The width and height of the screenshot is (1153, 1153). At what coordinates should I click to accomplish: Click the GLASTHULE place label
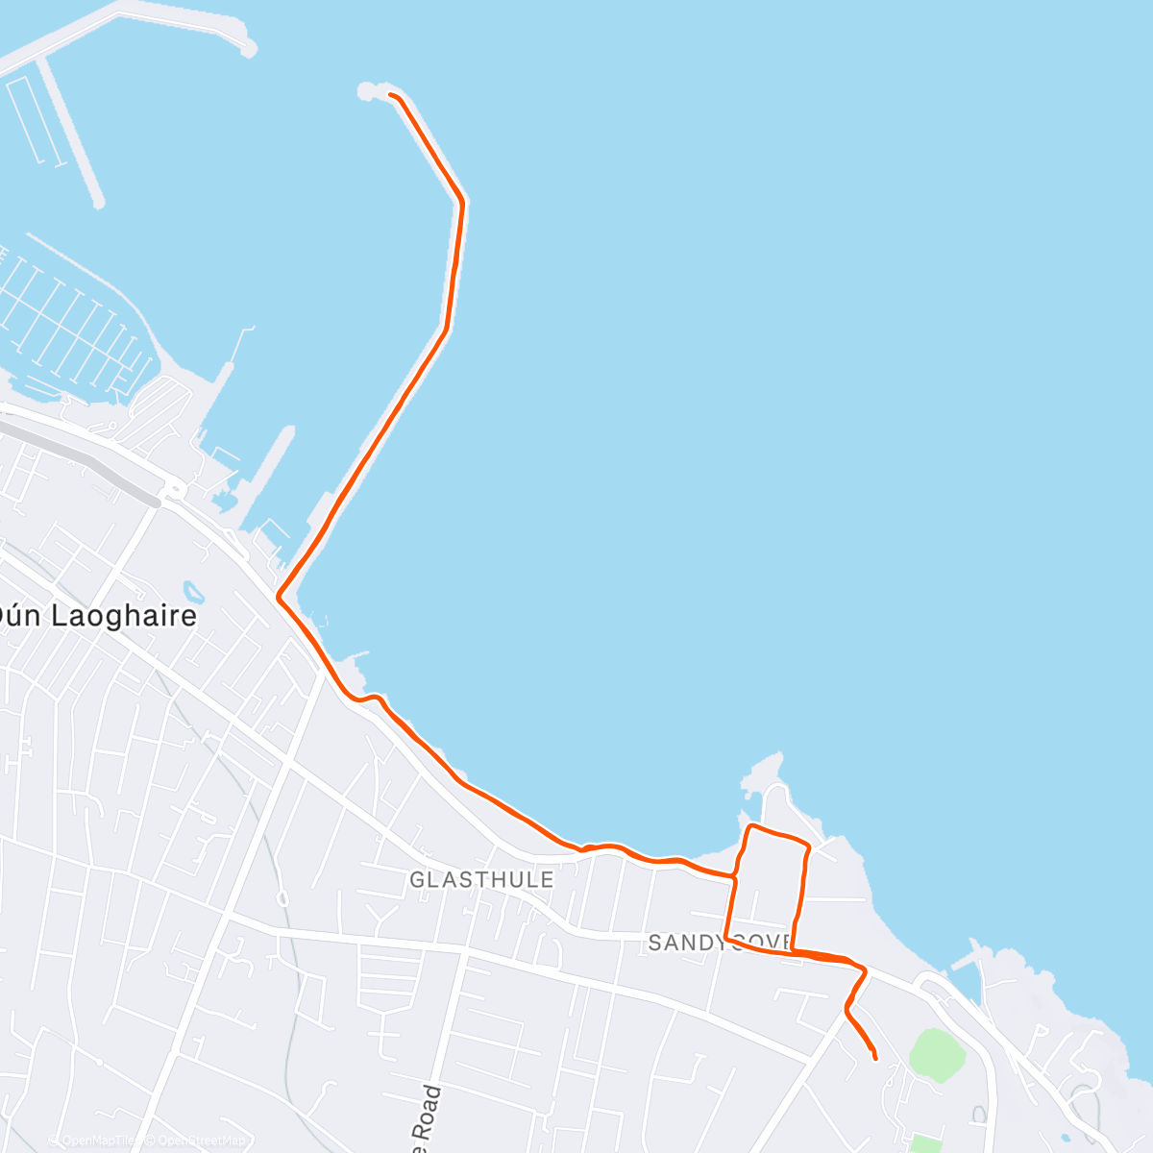(x=481, y=880)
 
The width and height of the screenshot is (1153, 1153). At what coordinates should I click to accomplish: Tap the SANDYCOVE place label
(x=719, y=943)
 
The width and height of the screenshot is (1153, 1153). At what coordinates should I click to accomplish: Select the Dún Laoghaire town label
(x=96, y=616)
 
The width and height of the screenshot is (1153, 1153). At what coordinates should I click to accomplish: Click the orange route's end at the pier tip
(x=389, y=94)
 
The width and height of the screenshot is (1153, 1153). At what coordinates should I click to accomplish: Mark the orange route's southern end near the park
(x=874, y=1058)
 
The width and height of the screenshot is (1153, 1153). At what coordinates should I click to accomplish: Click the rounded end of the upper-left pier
(x=249, y=46)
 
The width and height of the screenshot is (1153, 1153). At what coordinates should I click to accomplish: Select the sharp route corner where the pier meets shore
(x=279, y=598)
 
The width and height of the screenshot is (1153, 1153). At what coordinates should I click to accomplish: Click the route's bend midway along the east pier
(x=461, y=203)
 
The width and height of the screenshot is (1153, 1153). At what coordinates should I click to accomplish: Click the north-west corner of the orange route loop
(x=749, y=826)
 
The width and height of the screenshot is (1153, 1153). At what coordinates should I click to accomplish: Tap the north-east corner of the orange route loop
(x=808, y=846)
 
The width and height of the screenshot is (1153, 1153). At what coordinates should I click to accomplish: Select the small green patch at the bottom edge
(x=924, y=1143)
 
